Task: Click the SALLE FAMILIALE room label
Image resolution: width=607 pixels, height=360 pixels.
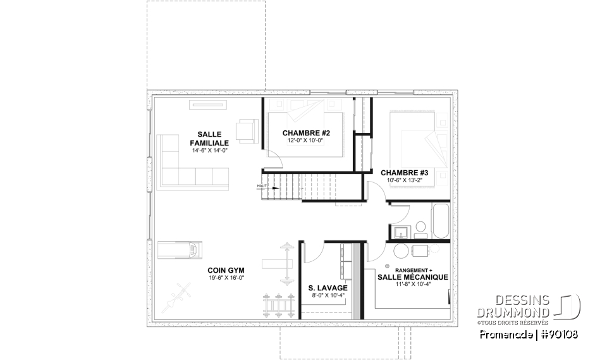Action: pyautogui.click(x=209, y=139)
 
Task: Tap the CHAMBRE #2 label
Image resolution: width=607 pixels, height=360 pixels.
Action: pyautogui.click(x=306, y=132)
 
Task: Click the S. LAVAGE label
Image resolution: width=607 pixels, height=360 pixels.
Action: pyautogui.click(x=328, y=288)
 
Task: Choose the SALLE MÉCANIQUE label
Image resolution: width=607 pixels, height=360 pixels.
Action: pyautogui.click(x=413, y=277)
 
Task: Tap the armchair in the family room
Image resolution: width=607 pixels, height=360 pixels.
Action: pyautogui.click(x=246, y=130)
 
